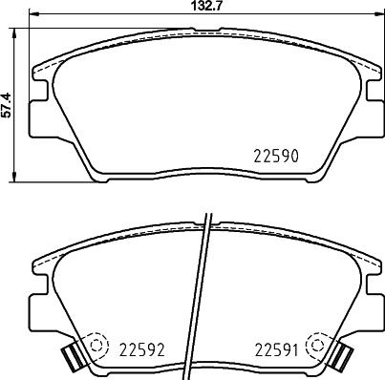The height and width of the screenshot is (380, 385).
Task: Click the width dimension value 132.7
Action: click(x=207, y=6)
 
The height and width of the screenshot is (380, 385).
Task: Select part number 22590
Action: click(x=276, y=157)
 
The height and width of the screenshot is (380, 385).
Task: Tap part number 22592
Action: click(x=141, y=349)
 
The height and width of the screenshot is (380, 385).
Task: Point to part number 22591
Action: click(x=276, y=350)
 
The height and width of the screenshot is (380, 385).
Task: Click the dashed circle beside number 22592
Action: click(x=96, y=345)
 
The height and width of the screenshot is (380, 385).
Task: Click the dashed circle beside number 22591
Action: click(x=317, y=345)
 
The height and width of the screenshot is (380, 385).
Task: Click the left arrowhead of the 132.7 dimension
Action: click(x=33, y=13)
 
